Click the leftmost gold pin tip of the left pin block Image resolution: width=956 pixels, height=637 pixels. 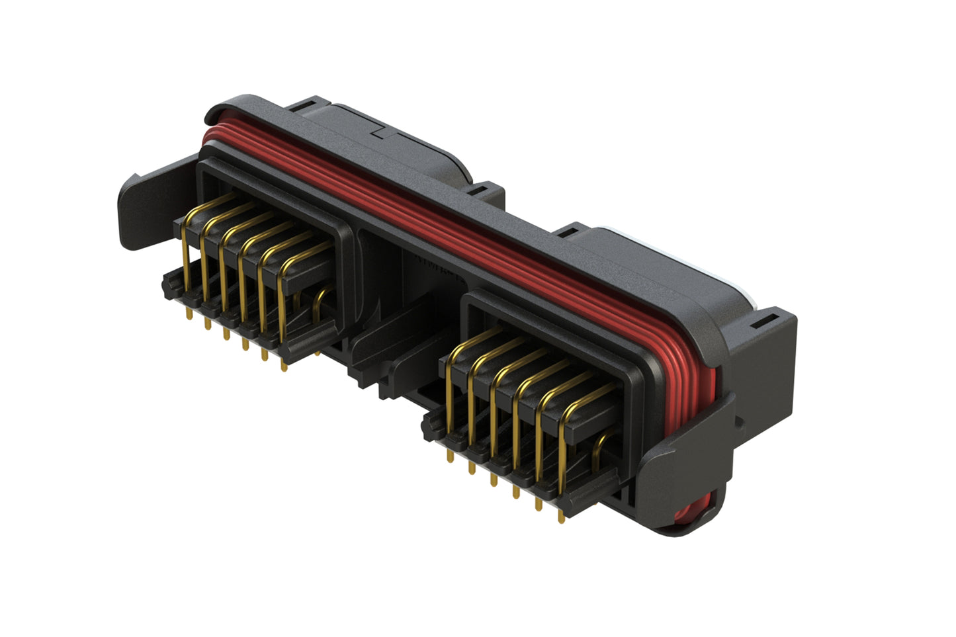[189, 316]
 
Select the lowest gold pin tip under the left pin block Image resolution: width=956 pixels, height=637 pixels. [284, 367]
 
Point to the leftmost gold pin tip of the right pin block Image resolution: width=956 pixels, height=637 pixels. [451, 458]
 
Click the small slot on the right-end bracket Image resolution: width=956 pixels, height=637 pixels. [761, 323]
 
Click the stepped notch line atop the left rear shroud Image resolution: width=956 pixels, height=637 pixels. [384, 132]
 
